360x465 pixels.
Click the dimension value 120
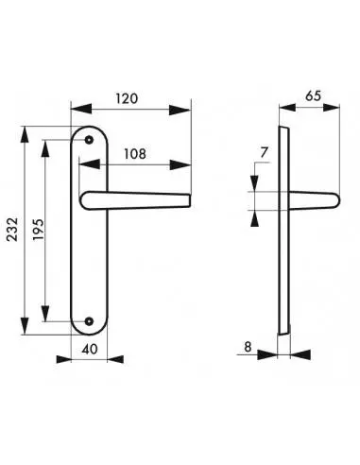click(x=127, y=98)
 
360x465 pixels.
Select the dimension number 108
click(x=135, y=154)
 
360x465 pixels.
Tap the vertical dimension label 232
click(x=13, y=229)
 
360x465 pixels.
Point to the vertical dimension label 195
click(x=38, y=229)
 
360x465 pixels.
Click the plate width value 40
click(x=90, y=349)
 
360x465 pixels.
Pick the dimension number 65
click(x=314, y=95)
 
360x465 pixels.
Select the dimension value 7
click(x=264, y=152)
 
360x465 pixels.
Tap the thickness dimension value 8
click(x=248, y=347)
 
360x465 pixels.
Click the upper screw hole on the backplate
click(x=89, y=140)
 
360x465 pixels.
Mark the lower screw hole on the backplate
click(x=89, y=321)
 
